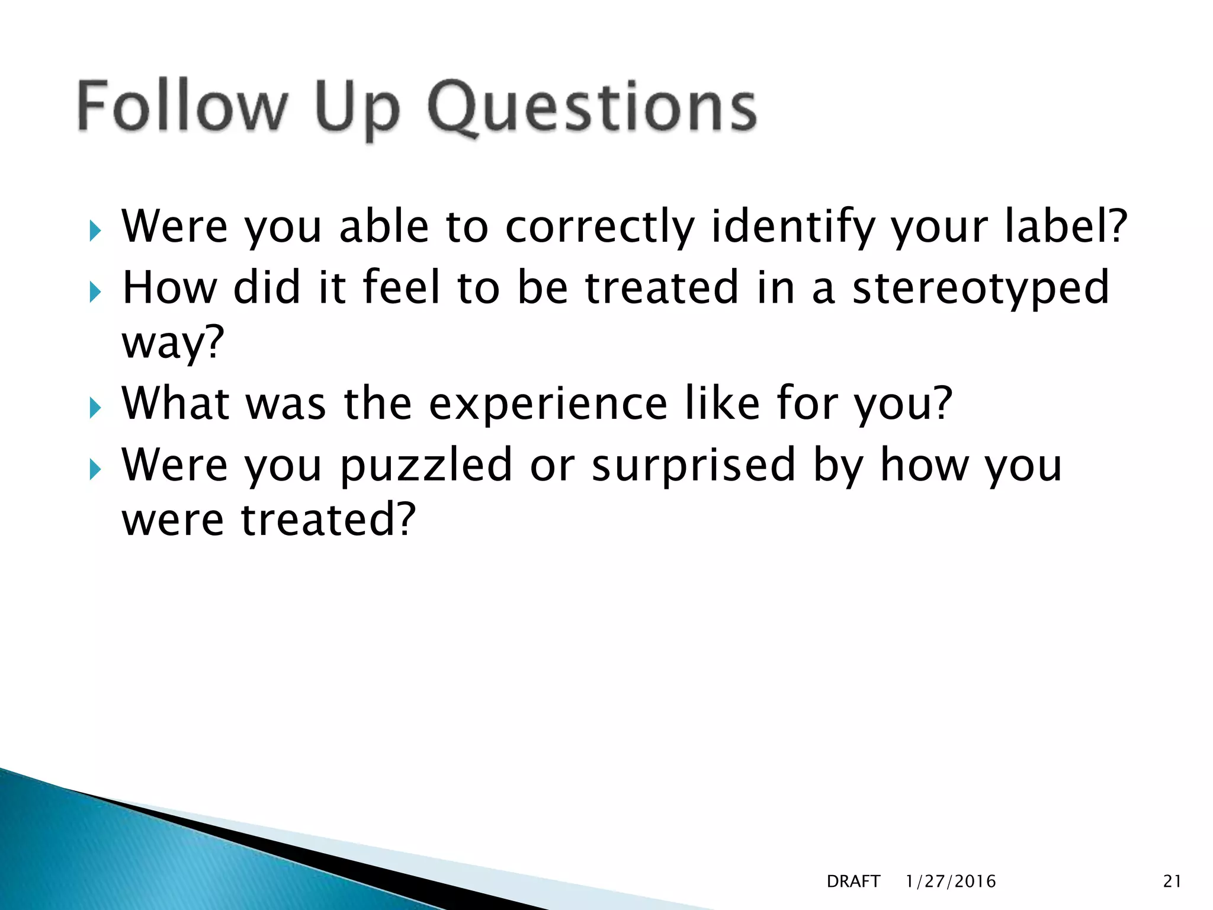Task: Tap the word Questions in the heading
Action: click(x=592, y=108)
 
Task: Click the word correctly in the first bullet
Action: click(x=599, y=227)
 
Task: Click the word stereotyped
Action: click(x=980, y=289)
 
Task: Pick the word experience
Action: click(x=548, y=403)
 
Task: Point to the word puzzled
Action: click(x=426, y=466)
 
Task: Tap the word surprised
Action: click(x=694, y=466)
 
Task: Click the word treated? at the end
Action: click(x=328, y=520)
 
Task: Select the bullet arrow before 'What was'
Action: click(x=95, y=408)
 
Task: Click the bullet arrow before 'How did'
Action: click(x=95, y=292)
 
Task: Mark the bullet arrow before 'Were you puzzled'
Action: click(x=95, y=470)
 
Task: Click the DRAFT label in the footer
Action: click(x=853, y=882)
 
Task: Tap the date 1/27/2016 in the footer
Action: click(x=951, y=882)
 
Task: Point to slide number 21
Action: click(x=1172, y=882)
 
